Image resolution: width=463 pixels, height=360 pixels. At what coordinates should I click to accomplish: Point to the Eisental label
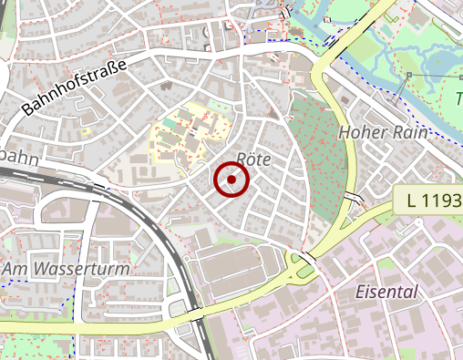(x=386, y=293)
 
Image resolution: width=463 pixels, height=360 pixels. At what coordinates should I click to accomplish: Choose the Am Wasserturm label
(x=66, y=270)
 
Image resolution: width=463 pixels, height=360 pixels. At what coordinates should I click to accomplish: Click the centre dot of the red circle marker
(x=231, y=180)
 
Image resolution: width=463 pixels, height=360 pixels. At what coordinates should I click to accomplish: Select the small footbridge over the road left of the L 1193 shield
(x=354, y=200)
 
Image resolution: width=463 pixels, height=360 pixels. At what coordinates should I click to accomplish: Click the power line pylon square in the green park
(x=409, y=75)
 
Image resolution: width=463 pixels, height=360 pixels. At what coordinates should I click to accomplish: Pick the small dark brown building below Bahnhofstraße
(x=168, y=88)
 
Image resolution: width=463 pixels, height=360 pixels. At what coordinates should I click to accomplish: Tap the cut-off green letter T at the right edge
(x=458, y=96)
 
